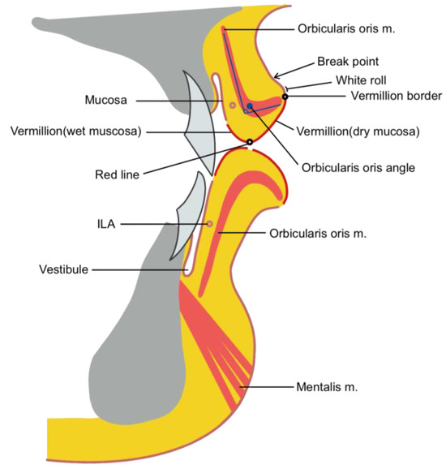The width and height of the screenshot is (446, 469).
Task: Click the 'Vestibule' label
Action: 80,269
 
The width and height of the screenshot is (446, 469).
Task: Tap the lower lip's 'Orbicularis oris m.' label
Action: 318,234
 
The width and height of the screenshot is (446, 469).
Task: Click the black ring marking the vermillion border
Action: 285,97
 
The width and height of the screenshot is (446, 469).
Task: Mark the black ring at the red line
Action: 249,143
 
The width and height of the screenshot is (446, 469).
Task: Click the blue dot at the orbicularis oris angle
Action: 250,107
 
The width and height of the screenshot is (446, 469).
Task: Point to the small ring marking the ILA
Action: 210,224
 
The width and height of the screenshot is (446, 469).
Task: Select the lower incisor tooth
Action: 186,219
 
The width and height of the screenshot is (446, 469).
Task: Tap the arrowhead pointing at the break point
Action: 278,77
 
